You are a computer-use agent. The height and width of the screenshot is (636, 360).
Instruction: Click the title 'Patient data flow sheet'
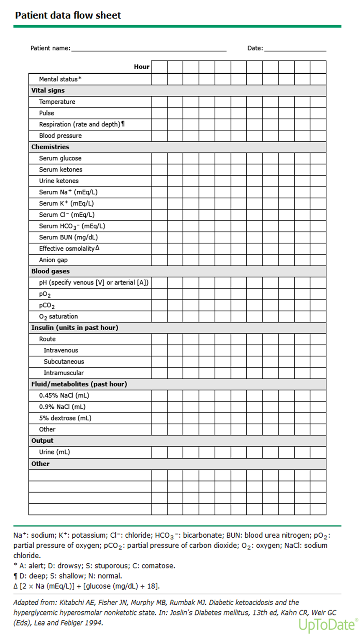(x=68, y=15)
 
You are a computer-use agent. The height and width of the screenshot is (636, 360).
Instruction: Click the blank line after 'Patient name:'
(x=148, y=49)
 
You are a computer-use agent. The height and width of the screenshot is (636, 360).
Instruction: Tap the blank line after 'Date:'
(x=295, y=49)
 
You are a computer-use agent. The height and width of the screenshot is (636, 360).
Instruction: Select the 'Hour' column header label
(x=141, y=67)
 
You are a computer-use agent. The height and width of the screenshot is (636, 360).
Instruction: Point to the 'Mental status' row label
(x=60, y=79)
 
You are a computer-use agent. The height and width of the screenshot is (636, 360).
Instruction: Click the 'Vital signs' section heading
(x=48, y=90)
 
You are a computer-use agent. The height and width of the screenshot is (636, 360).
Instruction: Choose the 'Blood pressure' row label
(x=60, y=136)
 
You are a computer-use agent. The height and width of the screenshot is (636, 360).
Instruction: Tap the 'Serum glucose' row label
(x=60, y=158)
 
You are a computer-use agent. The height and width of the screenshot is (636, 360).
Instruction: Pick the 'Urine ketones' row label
(x=59, y=181)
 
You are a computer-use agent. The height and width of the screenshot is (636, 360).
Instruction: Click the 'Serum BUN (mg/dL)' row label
(x=68, y=237)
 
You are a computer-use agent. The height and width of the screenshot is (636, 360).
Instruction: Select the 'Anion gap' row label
(x=53, y=260)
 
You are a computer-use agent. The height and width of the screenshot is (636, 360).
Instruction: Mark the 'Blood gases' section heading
(x=50, y=271)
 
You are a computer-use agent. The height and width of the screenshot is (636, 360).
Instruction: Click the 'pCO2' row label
(x=47, y=305)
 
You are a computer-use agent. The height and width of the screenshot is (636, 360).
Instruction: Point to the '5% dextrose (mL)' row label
(x=65, y=418)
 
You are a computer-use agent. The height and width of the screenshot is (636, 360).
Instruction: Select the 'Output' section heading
(x=42, y=441)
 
